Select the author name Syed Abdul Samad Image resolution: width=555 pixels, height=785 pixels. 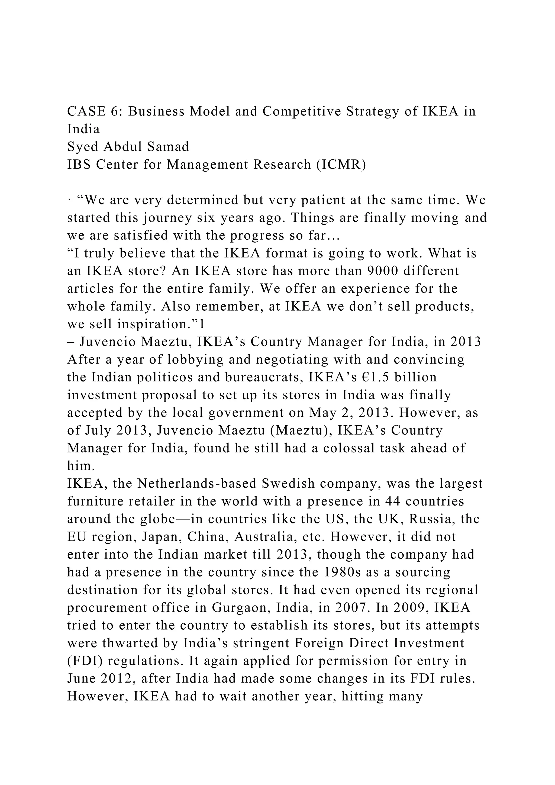coord(128,147)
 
